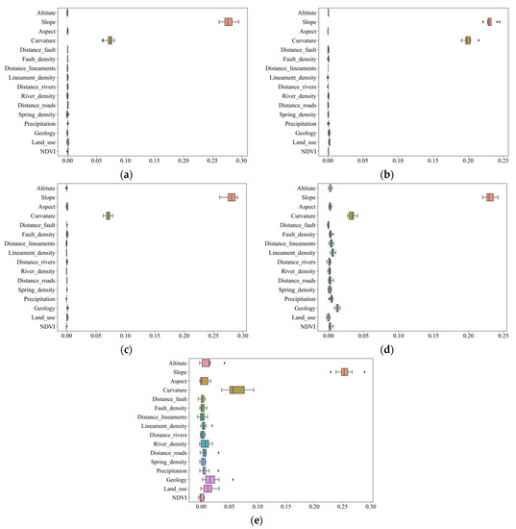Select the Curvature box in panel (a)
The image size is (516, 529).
click(x=111, y=39)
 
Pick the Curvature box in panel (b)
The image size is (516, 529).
click(x=468, y=39)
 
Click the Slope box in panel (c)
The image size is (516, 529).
click(x=233, y=197)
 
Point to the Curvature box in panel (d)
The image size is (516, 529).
click(x=352, y=215)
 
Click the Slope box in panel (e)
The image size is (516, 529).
click(x=344, y=371)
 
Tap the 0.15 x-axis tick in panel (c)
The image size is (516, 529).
click(x=154, y=336)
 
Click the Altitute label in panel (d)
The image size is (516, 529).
click(x=304, y=189)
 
